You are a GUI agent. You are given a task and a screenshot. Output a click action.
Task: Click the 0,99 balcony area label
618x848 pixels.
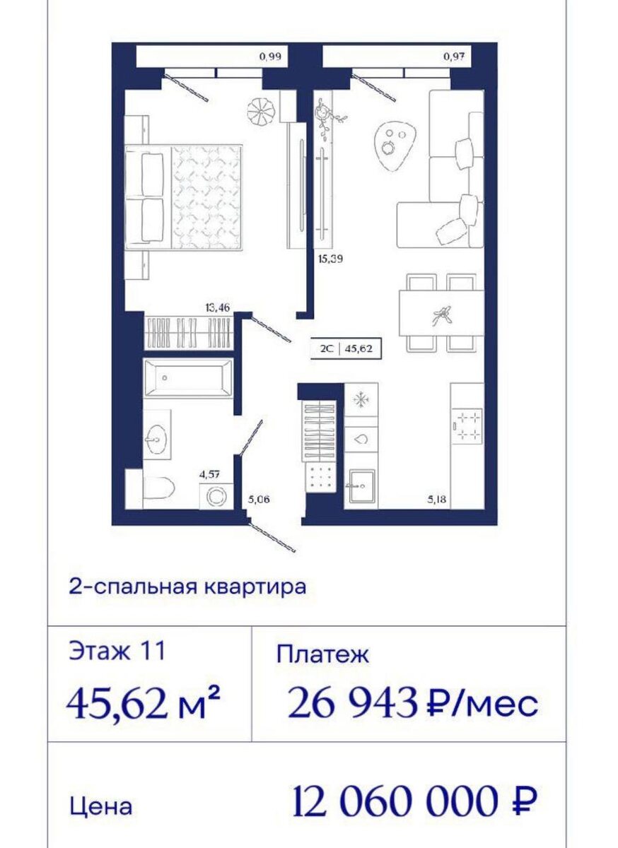coord(270,57)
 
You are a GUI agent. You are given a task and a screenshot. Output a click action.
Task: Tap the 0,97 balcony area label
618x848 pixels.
coord(454,57)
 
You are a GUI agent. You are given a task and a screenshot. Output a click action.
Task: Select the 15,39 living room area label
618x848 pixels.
coord(330,260)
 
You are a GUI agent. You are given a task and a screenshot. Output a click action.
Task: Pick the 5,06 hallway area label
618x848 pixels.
coord(259,500)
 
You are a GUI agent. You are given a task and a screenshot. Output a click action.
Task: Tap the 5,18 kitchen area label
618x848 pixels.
coord(437,500)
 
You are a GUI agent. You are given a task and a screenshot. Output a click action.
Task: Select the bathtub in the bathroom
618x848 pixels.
coord(188,378)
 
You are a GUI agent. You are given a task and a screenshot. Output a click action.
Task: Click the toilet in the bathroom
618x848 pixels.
coord(158,488)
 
